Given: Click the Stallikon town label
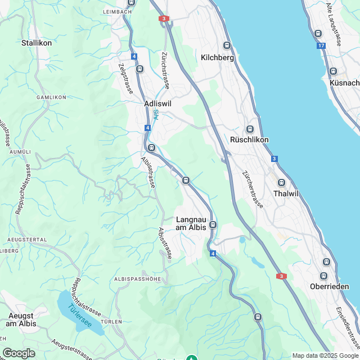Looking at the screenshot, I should [x=37, y=43].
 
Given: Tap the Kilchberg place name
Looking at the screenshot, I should [x=217, y=57].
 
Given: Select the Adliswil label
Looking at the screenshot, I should [x=157, y=104].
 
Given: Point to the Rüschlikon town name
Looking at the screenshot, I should [x=250, y=139].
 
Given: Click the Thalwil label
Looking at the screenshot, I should [x=284, y=193].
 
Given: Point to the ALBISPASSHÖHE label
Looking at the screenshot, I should [x=137, y=279].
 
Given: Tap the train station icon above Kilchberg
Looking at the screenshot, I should [x=227, y=46].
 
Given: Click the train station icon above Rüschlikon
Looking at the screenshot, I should [x=250, y=129].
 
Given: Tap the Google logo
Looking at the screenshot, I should [x=19, y=353].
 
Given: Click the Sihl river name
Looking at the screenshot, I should [x=156, y=115].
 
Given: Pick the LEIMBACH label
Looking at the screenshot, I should [x=117, y=11].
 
